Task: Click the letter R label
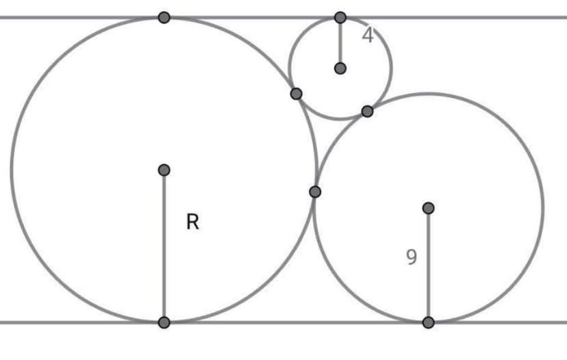[192, 222]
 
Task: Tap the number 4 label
[368, 36]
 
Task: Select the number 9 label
[411, 257]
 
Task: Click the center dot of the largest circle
[164, 170]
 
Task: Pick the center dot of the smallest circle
[340, 68]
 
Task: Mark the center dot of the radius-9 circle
[428, 207]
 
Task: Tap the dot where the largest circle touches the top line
[164, 17]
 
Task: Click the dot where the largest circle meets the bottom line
[164, 322]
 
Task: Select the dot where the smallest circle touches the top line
[340, 17]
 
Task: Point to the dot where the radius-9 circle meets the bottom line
[428, 322]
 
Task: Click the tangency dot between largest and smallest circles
[296, 94]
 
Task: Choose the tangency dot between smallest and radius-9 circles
[367, 111]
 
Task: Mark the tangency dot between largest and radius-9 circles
[315, 192]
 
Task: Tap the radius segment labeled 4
[340, 42]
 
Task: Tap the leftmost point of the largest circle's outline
[11, 170]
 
